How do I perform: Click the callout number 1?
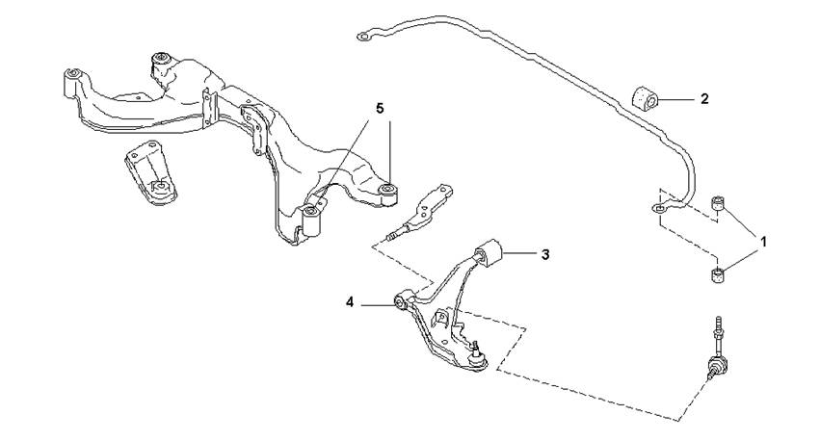coord(764,242)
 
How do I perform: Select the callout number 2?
coord(704,99)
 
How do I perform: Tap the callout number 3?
coord(545,254)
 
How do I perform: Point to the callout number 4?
coord(350,302)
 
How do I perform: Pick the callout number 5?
coord(380,109)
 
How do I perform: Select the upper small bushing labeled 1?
coord(720,203)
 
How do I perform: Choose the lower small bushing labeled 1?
coord(720,274)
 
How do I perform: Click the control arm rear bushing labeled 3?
coord(489,252)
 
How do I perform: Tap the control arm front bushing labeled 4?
coord(401,301)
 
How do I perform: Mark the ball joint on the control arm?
coord(476,355)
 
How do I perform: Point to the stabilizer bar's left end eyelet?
coord(364,36)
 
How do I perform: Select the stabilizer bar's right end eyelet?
coord(659,209)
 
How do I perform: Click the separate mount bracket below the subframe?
coord(150,172)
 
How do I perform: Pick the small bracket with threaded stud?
coord(420,213)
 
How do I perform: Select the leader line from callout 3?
coord(518,254)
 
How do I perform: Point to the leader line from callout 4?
coord(377,303)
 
